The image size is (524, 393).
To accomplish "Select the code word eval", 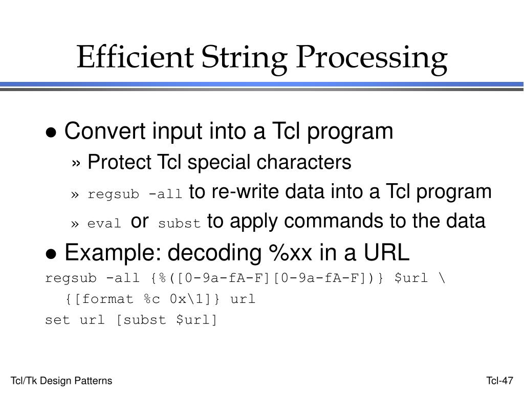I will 104,224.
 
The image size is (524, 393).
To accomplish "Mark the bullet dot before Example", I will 51,254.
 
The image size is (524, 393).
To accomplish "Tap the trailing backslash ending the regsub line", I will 442,278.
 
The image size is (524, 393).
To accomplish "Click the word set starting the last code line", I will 56,320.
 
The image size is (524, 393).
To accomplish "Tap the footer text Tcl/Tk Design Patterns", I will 61,381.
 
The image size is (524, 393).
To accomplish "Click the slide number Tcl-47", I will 499,381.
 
